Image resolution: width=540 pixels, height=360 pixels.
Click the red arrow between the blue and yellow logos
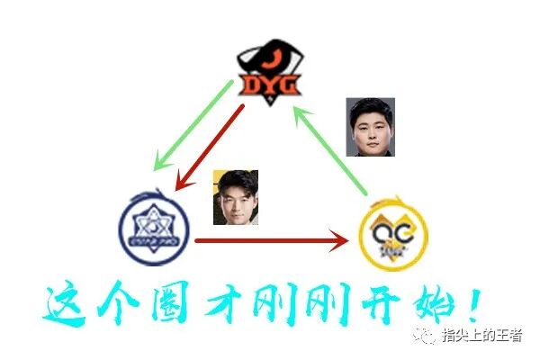pos(270,239)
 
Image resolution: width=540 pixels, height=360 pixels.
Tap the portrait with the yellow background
pos(235,196)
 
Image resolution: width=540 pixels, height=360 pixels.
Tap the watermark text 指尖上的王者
pos(481,336)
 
